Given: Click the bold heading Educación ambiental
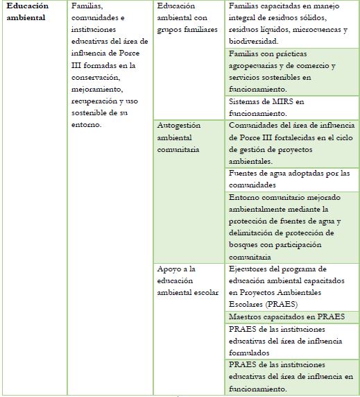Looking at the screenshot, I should point(27,12).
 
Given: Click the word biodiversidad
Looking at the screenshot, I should point(255,42).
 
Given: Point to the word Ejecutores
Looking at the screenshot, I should point(249,269).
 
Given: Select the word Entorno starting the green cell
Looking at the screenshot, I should point(245,197).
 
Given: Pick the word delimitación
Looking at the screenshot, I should point(254,233).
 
